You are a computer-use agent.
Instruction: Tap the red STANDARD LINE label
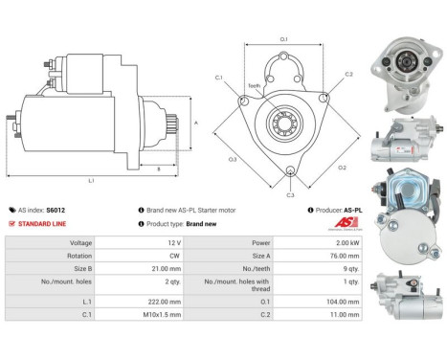(x=43, y=223)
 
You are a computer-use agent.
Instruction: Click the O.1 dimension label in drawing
(x=283, y=39)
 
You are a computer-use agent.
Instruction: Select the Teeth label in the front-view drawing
(x=254, y=85)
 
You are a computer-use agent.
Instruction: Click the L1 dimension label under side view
(x=91, y=180)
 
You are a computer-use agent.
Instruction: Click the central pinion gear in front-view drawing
(x=284, y=123)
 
